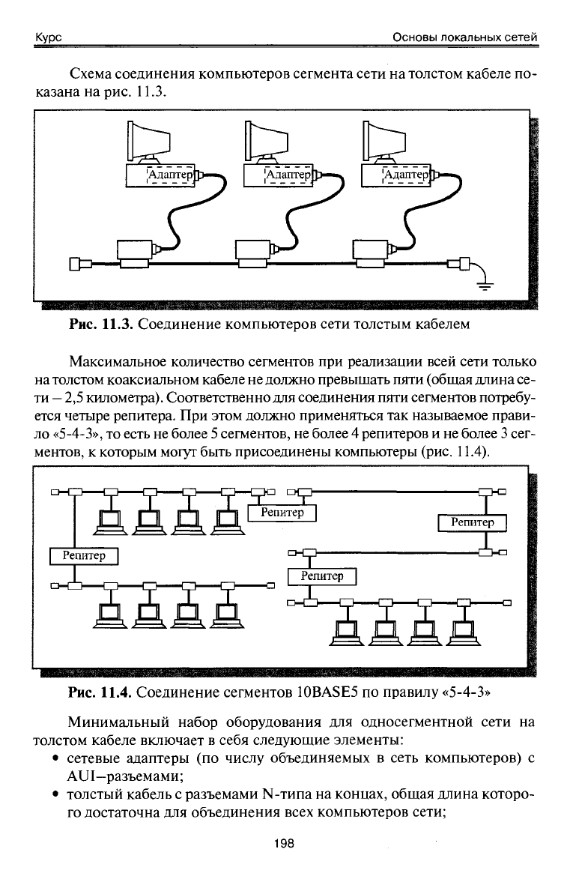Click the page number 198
(x=284, y=843)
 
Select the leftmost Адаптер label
(x=170, y=175)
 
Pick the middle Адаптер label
(x=288, y=175)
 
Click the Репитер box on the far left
(x=84, y=555)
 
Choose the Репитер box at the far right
(x=472, y=522)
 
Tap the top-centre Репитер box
(x=282, y=513)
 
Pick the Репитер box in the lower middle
(x=322, y=576)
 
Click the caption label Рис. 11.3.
(x=100, y=324)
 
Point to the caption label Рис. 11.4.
(x=100, y=692)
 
